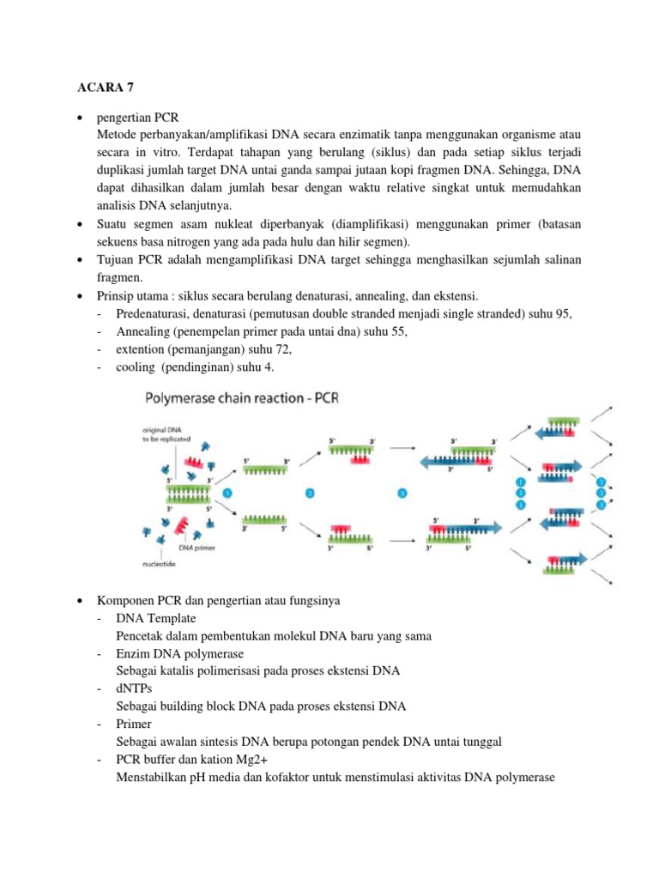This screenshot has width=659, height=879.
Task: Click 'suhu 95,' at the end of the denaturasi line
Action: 549,314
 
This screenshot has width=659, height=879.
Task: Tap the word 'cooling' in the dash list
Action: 136,368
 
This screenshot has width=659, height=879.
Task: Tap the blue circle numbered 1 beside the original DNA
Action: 227,494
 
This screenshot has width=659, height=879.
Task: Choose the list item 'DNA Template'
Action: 156,618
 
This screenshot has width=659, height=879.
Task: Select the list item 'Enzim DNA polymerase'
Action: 178,654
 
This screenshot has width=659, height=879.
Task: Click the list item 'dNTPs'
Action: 133,689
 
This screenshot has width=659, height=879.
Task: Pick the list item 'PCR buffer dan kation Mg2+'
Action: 191,761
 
